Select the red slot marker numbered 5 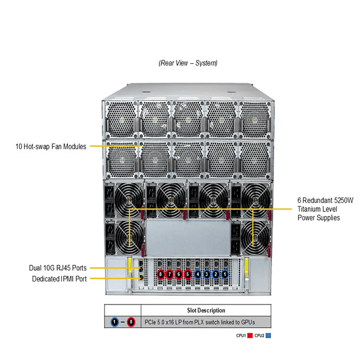[188, 274]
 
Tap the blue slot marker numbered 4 [198, 274]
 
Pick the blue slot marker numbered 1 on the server [225, 274]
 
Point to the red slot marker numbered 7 [170, 274]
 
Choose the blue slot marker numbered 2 [216, 274]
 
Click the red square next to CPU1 [250, 335]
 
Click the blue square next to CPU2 [269, 335]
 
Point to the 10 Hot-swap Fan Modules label [51, 146]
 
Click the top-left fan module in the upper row [120, 119]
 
